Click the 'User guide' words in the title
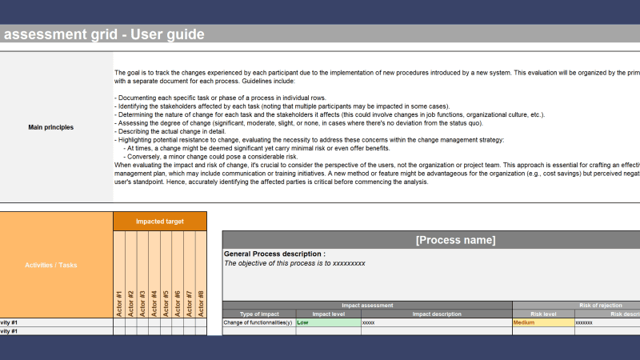click(x=166, y=34)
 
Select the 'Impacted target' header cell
click(x=160, y=221)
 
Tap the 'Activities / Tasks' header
click(x=56, y=265)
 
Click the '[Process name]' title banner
click(x=455, y=240)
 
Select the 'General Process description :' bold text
click(x=274, y=254)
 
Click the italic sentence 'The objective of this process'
click(x=294, y=262)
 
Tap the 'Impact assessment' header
click(x=366, y=306)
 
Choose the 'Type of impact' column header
click(x=259, y=314)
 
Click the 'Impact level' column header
click(x=328, y=314)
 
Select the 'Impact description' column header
click(x=436, y=314)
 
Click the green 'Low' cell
click(x=328, y=322)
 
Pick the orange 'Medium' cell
click(x=542, y=322)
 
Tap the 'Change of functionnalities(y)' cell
click(x=258, y=322)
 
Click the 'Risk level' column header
click(x=543, y=314)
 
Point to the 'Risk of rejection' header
click(x=592, y=306)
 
